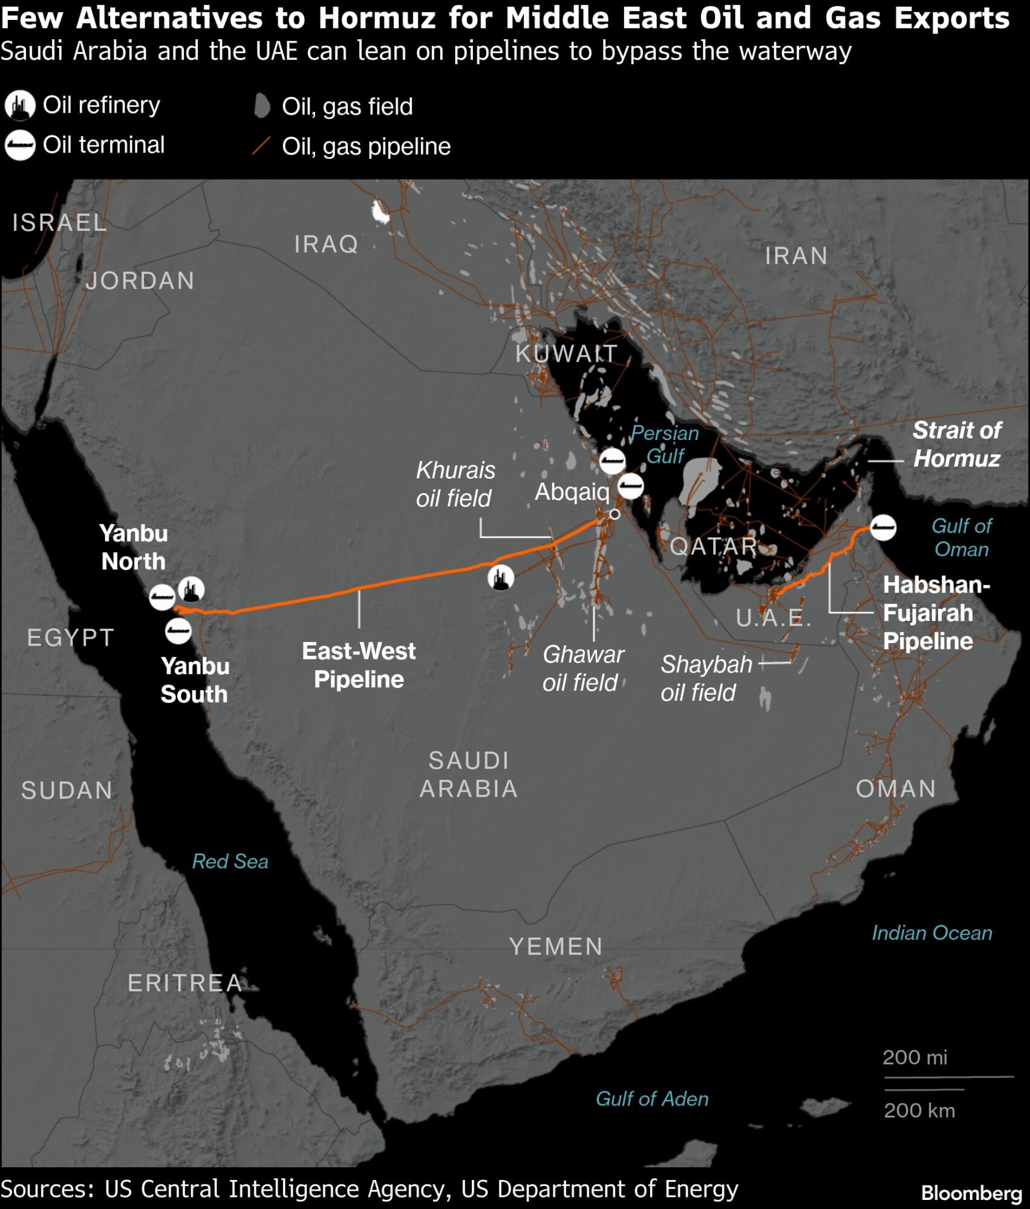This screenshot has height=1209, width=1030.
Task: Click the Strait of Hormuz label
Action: click(x=956, y=444)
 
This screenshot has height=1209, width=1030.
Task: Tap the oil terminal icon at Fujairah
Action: click(x=882, y=528)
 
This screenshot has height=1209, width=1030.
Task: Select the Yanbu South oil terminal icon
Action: click(x=178, y=631)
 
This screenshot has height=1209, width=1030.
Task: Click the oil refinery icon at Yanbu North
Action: click(x=192, y=589)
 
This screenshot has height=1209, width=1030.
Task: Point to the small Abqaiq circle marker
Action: click(x=614, y=514)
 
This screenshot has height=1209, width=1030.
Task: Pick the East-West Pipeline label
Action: click(x=359, y=665)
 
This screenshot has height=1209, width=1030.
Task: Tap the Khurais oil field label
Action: click(x=455, y=484)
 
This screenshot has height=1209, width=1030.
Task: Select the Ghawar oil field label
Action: click(x=582, y=668)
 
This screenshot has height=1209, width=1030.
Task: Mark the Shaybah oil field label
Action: click(x=705, y=678)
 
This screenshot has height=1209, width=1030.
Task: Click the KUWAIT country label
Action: click(x=566, y=354)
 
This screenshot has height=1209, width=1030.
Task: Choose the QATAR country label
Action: click(x=713, y=546)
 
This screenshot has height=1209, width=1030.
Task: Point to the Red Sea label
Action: click(x=230, y=861)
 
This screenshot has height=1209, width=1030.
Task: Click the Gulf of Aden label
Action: click(x=651, y=1098)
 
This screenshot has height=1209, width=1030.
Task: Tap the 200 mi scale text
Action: click(x=914, y=1057)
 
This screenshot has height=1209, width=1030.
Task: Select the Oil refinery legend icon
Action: click(x=20, y=106)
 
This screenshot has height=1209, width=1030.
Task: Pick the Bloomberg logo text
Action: click(x=971, y=1193)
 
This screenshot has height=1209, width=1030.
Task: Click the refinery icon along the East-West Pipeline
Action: click(x=501, y=578)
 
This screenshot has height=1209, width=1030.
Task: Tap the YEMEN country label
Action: click(x=555, y=947)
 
